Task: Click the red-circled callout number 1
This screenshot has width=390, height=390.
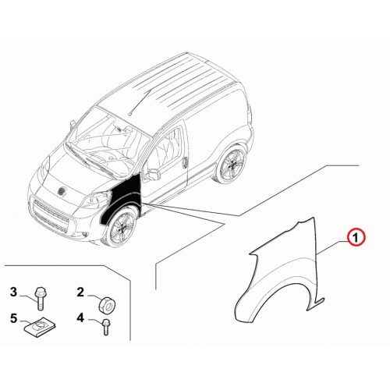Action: (356, 237)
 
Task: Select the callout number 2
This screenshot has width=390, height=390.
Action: (80, 292)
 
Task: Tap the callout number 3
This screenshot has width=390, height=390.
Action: (13, 292)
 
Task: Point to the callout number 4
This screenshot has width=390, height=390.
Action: (80, 317)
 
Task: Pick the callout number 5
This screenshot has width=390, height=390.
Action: (13, 318)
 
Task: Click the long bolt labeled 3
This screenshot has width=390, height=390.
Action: (41, 299)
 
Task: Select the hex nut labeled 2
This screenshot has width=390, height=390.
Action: (108, 304)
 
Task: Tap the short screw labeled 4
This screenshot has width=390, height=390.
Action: (106, 327)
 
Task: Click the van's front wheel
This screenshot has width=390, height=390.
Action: (122, 228)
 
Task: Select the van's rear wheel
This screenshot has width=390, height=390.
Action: (231, 163)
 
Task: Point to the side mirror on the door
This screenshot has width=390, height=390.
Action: (154, 173)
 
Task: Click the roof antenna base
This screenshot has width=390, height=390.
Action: (129, 114)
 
